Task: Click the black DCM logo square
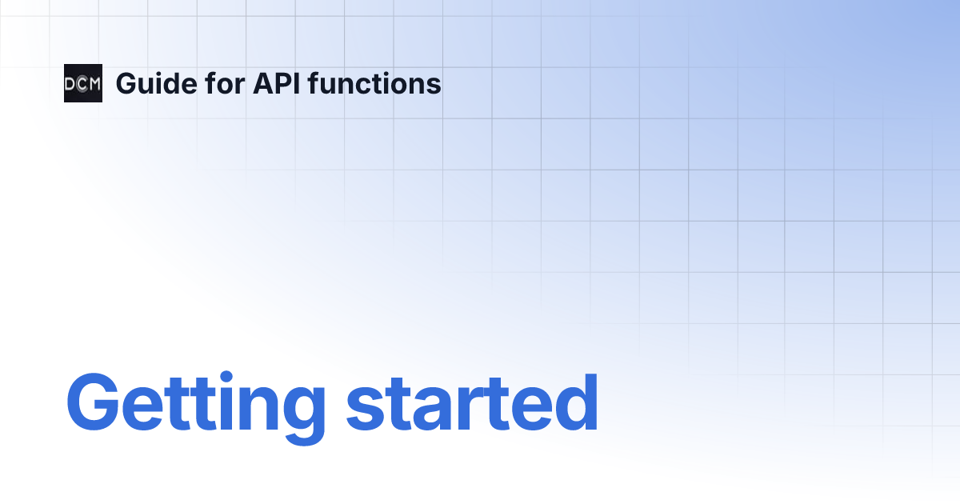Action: point(83,83)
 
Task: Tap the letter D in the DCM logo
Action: point(70,83)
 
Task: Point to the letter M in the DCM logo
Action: point(95,83)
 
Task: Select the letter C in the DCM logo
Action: point(82,83)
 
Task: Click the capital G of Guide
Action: point(126,83)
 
